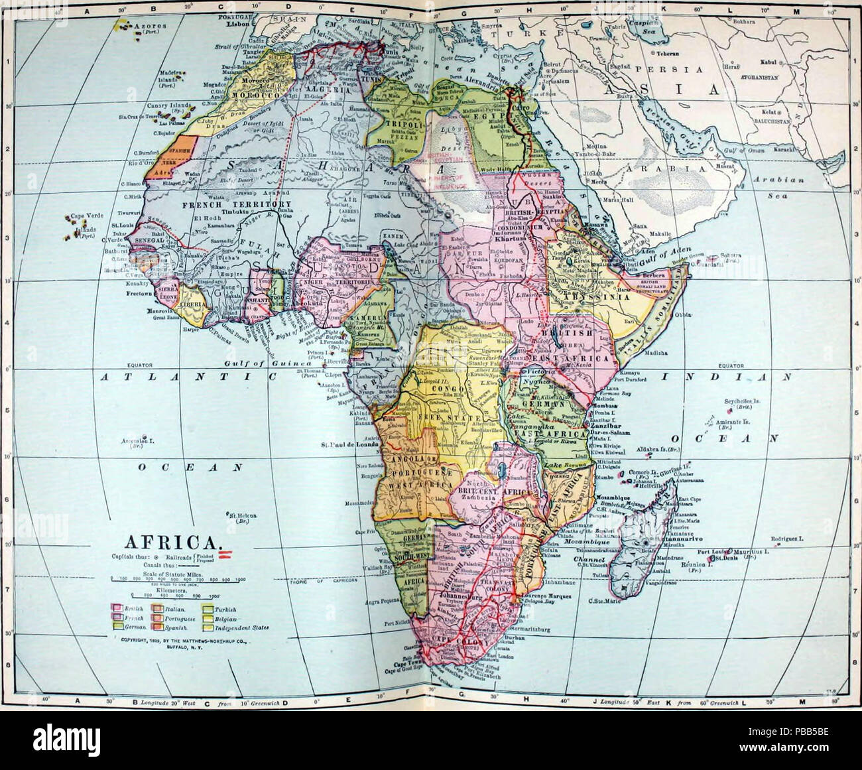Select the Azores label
[147, 26]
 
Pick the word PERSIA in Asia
[672, 69]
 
